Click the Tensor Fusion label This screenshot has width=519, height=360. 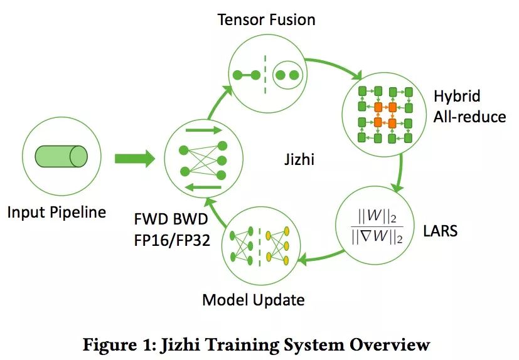(x=266, y=20)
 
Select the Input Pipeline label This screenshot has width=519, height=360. (x=56, y=212)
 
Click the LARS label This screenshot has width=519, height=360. (x=441, y=231)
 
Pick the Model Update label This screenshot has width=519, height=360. (x=253, y=300)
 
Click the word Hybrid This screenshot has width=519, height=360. (x=457, y=97)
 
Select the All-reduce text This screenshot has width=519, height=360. (x=469, y=116)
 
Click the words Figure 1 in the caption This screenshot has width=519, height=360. (x=119, y=344)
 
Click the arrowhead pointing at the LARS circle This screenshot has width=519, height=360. (x=395, y=187)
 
